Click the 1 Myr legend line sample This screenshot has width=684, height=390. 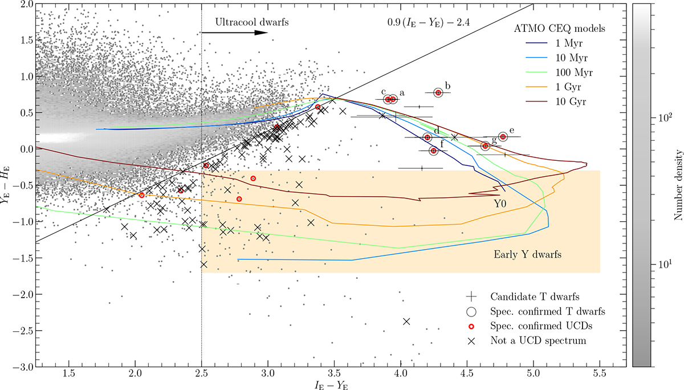tap(536, 43)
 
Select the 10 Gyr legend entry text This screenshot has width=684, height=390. tap(571, 101)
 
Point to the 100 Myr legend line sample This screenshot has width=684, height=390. tap(536, 72)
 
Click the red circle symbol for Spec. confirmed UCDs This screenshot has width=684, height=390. tap(471, 327)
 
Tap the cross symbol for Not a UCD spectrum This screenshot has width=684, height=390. tap(471, 341)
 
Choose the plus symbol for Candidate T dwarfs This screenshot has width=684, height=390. tap(471, 296)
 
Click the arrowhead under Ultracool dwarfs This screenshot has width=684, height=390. tap(261, 32)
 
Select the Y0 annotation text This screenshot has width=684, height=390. tap(500, 204)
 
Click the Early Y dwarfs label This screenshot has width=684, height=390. tap(527, 254)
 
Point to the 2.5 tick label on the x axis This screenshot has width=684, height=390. tap(202, 373)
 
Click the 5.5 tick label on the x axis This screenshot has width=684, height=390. tap(600, 373)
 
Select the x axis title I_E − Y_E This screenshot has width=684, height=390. tap(331, 385)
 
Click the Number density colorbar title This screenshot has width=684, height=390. tap(678, 185)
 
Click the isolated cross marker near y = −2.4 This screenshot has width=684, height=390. tap(406, 321)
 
